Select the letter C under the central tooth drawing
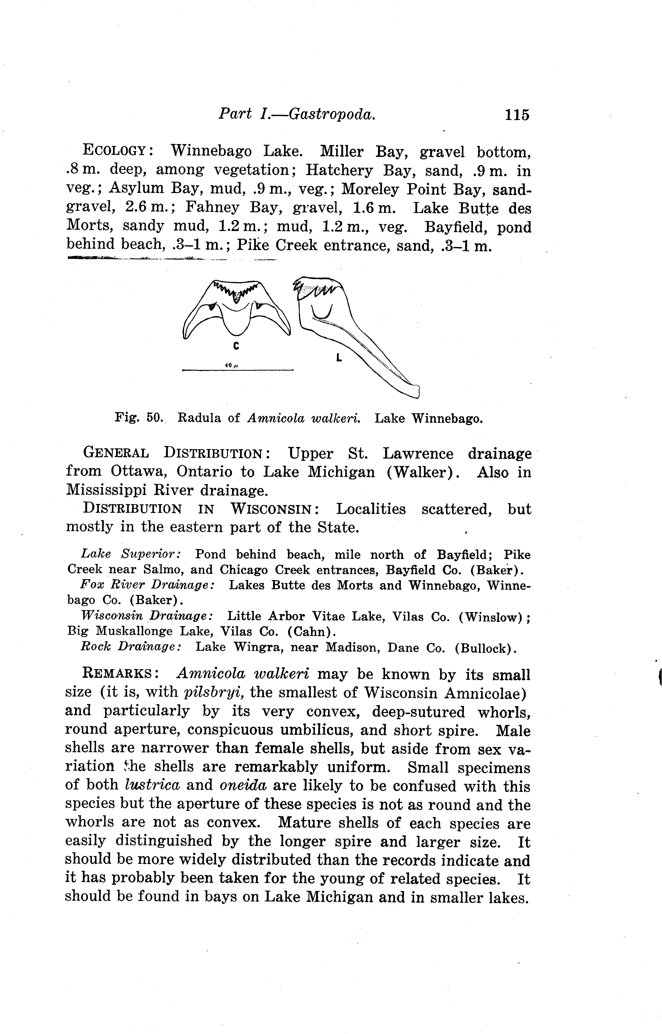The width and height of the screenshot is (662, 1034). tap(236, 346)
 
